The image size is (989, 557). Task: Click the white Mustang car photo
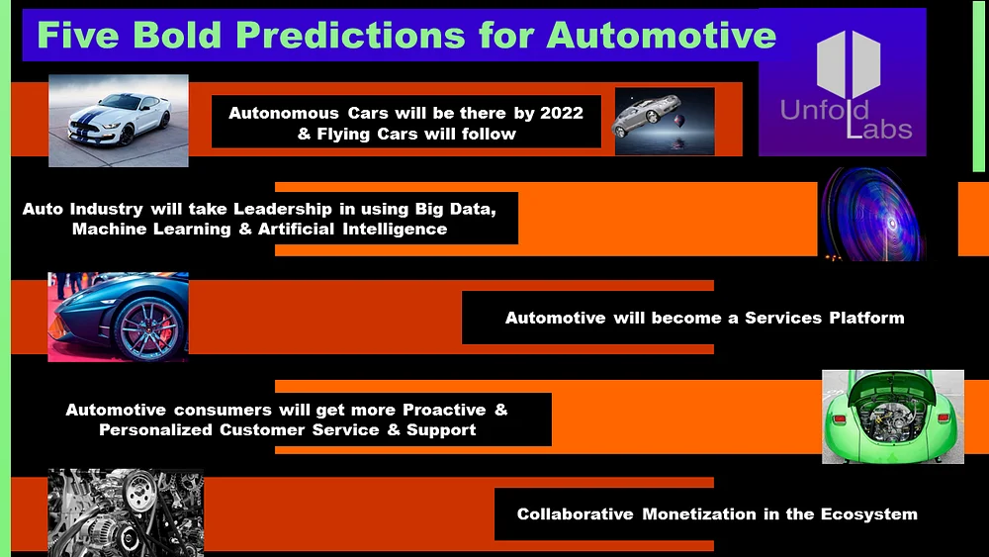[118, 119]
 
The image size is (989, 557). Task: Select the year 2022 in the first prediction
[562, 113]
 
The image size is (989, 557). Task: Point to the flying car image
[664, 121]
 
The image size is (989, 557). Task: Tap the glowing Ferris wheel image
[871, 213]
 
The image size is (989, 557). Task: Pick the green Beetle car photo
[892, 417]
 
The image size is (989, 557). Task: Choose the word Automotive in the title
[662, 35]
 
